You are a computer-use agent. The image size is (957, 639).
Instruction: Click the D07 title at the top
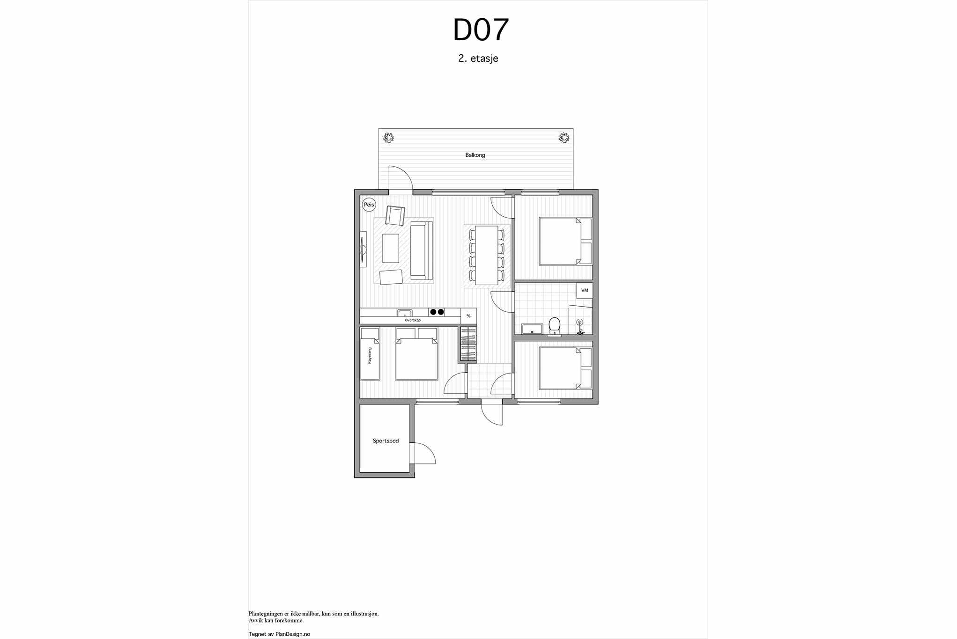pyautogui.click(x=480, y=30)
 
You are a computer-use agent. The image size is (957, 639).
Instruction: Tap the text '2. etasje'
pyautogui.click(x=478, y=59)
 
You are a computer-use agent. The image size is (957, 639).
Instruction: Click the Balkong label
pyautogui.click(x=475, y=155)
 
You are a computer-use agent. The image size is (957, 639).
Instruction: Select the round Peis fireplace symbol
pyautogui.click(x=369, y=205)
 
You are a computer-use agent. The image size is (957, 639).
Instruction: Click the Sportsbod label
pyautogui.click(x=386, y=441)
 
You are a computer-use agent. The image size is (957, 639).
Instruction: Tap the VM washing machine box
pyautogui.click(x=585, y=290)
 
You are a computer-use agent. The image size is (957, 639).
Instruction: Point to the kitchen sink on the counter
pyautogui.click(x=405, y=313)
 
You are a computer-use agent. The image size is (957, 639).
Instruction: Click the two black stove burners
pyautogui.click(x=437, y=312)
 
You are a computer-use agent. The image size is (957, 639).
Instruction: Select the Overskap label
pyautogui.click(x=413, y=320)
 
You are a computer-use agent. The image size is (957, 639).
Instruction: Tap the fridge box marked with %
pyautogui.click(x=468, y=316)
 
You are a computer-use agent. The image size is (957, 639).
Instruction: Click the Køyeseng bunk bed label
pyautogui.click(x=370, y=356)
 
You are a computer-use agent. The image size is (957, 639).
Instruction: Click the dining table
pyautogui.click(x=487, y=255)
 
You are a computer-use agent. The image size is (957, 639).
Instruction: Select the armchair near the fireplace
pyautogui.click(x=395, y=215)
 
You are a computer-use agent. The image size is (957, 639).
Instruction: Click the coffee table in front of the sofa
pyautogui.click(x=391, y=248)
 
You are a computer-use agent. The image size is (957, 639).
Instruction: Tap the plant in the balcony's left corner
pyautogui.click(x=388, y=138)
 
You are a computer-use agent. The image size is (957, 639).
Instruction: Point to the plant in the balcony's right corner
pyautogui.click(x=564, y=138)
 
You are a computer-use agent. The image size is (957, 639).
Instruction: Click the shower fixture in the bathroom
pyautogui.click(x=580, y=326)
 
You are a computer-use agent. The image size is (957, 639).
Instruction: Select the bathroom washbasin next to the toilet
pyautogui.click(x=532, y=329)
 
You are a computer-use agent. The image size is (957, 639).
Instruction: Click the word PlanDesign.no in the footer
pyautogui.click(x=293, y=634)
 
